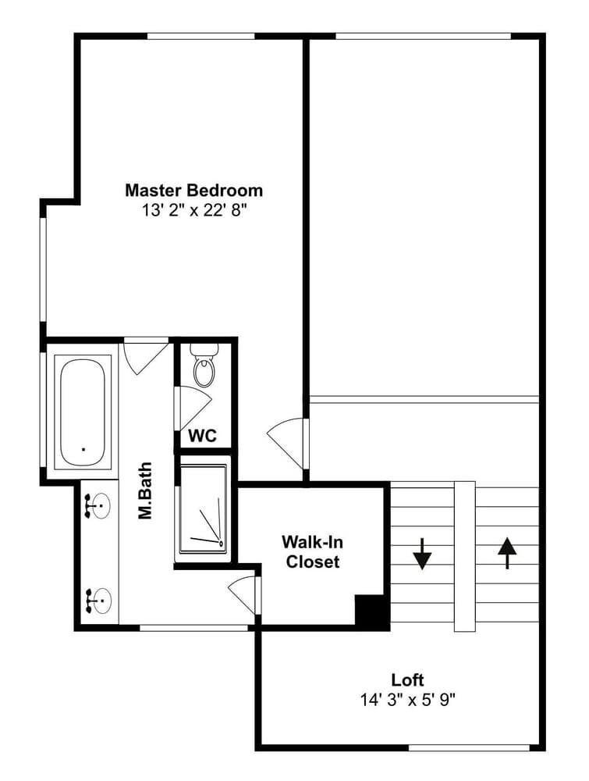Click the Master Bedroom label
tap(193, 191)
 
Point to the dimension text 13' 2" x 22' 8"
tap(194, 211)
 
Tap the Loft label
tap(407, 679)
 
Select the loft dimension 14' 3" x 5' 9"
tap(408, 701)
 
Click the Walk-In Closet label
tap(312, 551)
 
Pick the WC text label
tap(203, 435)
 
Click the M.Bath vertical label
tap(145, 491)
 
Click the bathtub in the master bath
tap(83, 410)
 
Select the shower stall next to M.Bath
tap(204, 508)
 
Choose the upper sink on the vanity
tap(98, 507)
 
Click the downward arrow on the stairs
tap(422, 554)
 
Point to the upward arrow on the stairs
tap(507, 553)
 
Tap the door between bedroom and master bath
tap(145, 355)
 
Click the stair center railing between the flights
tap(465, 556)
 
